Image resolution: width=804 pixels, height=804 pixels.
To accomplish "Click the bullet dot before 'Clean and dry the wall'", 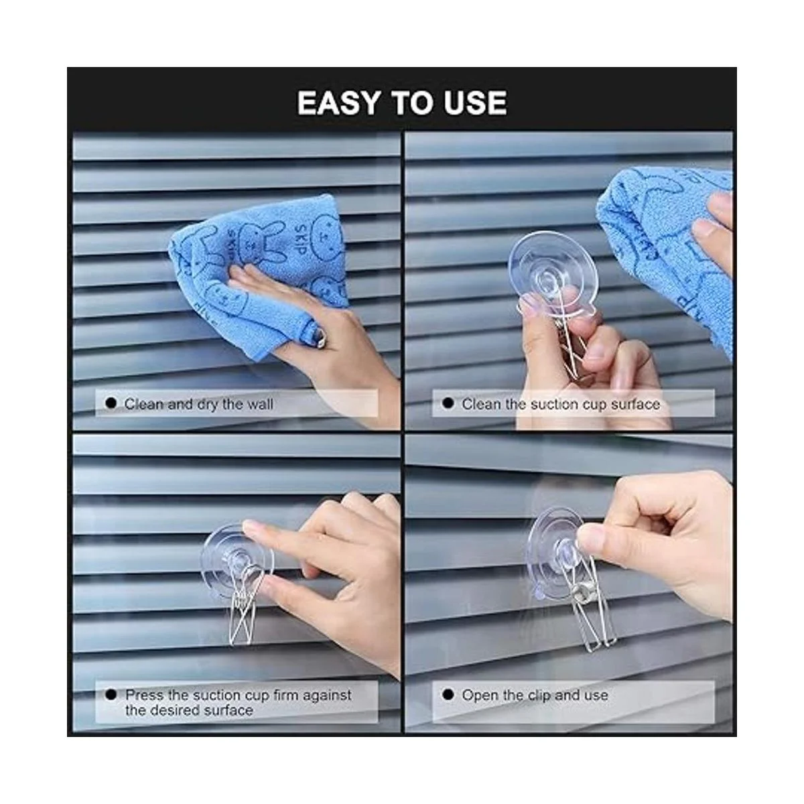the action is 111,403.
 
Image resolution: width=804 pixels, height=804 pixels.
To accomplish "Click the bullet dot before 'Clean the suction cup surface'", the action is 448,403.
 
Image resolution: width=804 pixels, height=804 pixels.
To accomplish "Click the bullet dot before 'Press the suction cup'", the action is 111,695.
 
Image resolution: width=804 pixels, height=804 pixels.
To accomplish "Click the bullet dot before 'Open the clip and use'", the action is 448,695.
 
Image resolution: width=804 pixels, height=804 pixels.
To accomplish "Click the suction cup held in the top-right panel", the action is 551,271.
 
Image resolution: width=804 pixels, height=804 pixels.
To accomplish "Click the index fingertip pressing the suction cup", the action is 253,529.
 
